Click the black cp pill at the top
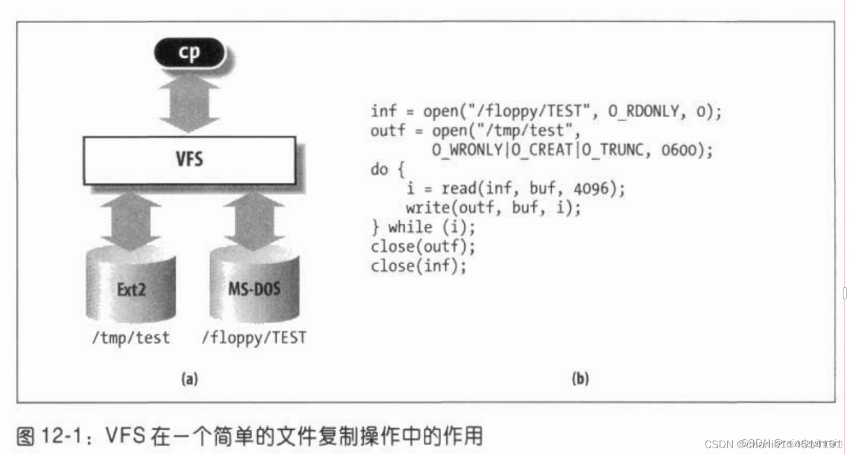click(189, 53)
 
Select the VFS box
click(189, 160)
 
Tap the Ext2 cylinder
click(131, 286)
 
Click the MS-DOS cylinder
click(254, 286)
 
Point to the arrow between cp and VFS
click(189, 104)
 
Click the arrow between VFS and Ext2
click(131, 220)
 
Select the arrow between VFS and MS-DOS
click(254, 220)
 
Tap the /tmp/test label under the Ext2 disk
click(131, 337)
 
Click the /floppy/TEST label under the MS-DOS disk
click(254, 337)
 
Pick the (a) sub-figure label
click(189, 378)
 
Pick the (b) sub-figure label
click(579, 378)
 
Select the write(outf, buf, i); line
click(493, 208)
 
